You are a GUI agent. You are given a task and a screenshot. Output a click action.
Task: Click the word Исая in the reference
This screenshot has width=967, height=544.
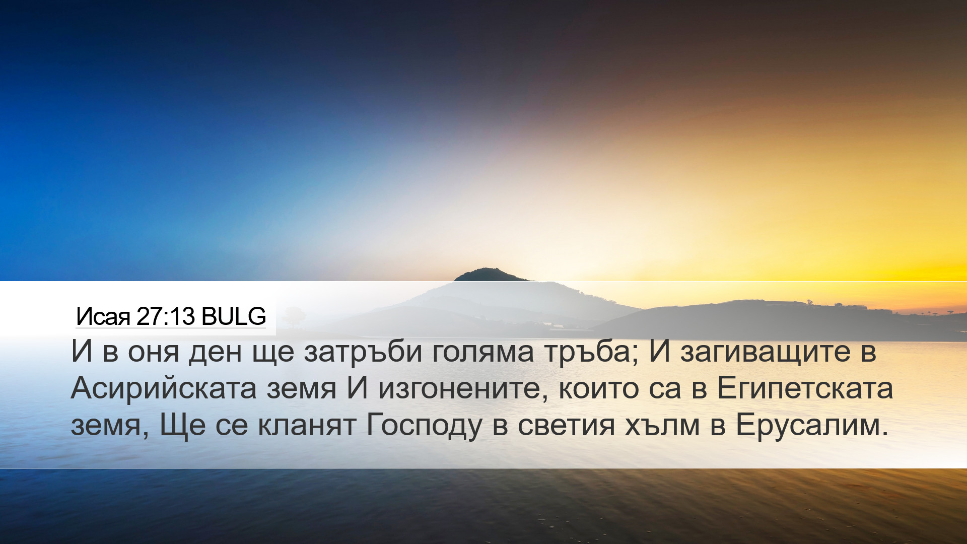103,317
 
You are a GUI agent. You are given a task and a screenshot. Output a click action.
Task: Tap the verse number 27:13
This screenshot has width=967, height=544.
165,316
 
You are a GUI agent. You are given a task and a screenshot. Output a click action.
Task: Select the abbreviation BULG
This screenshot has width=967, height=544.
233,316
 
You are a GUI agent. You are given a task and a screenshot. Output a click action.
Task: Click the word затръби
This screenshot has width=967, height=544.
363,351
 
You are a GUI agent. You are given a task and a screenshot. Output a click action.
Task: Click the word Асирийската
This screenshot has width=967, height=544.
164,388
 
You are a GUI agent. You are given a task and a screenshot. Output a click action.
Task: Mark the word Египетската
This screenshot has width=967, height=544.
805,388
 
